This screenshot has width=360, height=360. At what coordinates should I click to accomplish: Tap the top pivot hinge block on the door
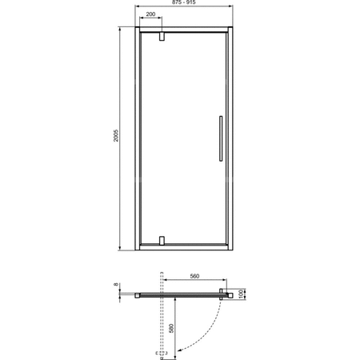tap(162, 36)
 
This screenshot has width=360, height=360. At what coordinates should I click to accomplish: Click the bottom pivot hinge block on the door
tap(162, 242)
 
